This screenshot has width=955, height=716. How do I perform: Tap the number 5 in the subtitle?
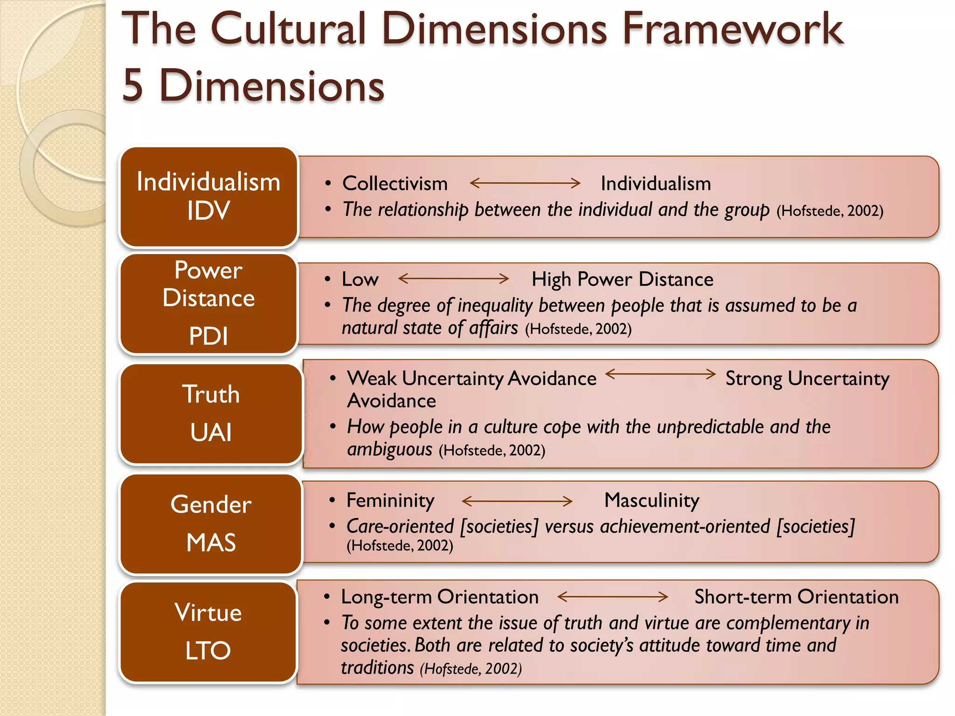132,85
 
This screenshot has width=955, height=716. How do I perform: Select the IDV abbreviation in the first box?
208,211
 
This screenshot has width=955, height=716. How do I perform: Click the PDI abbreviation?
208,336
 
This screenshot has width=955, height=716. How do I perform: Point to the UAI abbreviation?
211,432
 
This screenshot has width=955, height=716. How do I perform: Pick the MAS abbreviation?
211,543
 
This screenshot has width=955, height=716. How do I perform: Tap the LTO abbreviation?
208,651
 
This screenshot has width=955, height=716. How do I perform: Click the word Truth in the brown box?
211,394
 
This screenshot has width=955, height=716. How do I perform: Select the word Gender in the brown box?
211,504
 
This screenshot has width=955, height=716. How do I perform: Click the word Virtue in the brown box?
208,613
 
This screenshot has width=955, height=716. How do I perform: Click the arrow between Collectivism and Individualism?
525,183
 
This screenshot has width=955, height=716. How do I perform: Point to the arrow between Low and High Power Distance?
453,279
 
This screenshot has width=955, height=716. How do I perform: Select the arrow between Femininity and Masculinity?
517,501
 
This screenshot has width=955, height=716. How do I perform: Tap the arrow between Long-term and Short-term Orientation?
613,597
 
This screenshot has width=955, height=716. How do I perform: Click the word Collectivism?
395,184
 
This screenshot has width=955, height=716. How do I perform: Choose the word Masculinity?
652,501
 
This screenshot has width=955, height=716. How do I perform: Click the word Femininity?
390,501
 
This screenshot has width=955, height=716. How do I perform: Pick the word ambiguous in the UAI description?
390,450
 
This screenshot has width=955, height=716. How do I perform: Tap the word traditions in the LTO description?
377,668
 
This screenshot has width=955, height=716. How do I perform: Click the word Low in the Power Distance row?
360,279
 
